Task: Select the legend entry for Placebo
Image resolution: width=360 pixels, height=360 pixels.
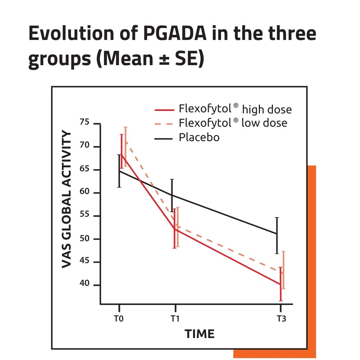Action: click(199, 137)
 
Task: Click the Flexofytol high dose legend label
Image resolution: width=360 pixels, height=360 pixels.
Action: click(235, 109)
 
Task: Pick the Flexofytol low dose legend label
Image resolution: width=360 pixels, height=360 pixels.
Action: click(233, 123)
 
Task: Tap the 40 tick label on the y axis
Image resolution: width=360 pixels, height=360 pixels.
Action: click(84, 285)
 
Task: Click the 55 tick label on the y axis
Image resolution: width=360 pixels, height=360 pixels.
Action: click(84, 216)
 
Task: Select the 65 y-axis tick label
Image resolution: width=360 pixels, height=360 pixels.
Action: click(84, 170)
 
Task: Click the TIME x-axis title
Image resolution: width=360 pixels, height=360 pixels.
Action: click(200, 334)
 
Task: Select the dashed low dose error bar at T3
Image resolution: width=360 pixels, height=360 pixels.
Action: click(283, 270)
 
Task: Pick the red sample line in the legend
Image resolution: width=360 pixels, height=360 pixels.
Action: click(164, 109)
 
